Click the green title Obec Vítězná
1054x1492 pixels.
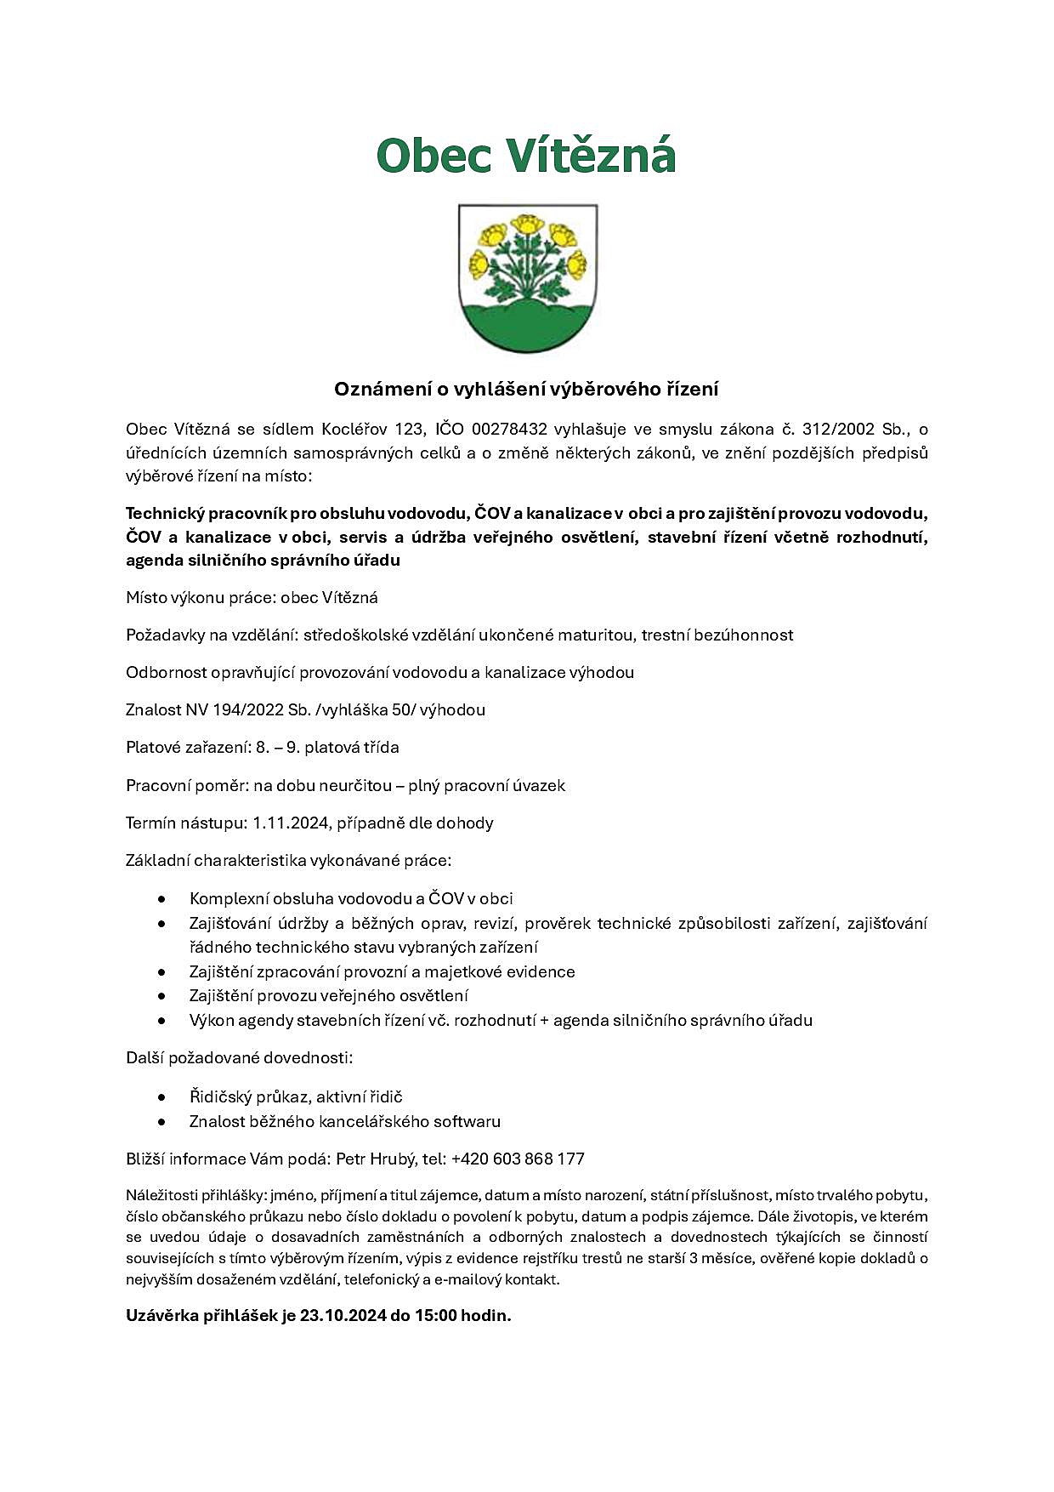[526, 157]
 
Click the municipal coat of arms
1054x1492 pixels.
[527, 278]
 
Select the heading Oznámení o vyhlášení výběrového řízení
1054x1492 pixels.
[526, 390]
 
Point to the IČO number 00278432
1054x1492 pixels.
[509, 429]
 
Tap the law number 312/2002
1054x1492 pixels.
[838, 429]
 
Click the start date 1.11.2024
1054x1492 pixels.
[291, 823]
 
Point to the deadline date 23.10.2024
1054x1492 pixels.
[343, 1315]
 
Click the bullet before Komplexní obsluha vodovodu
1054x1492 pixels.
[161, 899]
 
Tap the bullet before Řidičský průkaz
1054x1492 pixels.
[161, 1097]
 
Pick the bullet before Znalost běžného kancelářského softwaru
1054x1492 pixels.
[161, 1122]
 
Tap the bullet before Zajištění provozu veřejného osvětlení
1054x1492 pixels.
[161, 996]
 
